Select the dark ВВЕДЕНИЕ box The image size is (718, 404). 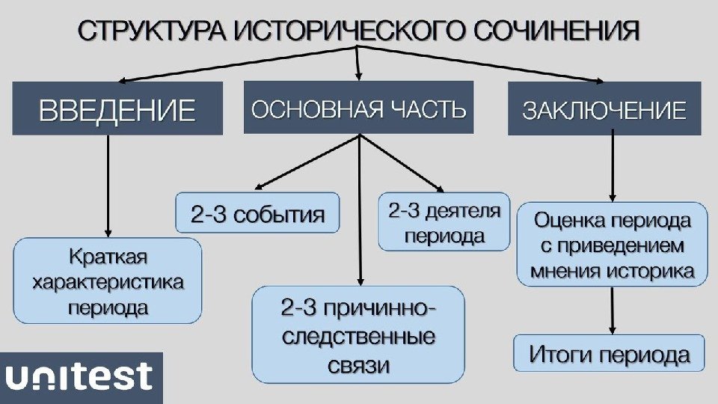[x=117, y=109]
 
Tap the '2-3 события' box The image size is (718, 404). [x=257, y=214]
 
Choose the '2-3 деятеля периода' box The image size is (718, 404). [x=444, y=222]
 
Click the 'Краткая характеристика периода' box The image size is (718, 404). [x=108, y=281]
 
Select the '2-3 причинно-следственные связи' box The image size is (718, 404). [x=358, y=333]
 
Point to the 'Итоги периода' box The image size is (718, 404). [x=610, y=353]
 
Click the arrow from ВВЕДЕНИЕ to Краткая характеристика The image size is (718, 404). [x=109, y=187]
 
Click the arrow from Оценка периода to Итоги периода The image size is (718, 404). [x=613, y=310]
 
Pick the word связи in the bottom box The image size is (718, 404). [x=358, y=365]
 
